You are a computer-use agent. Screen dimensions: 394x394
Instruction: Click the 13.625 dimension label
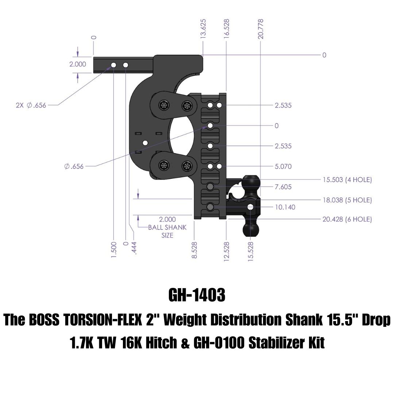point(203,29)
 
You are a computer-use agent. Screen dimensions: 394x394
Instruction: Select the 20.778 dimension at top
point(261,29)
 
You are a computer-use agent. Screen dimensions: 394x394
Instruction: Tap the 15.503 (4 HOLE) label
point(347,179)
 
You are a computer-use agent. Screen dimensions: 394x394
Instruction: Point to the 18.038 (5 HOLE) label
point(347,200)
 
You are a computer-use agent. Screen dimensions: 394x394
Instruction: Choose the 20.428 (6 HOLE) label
point(347,219)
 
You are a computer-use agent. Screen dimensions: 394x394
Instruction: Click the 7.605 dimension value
point(283,187)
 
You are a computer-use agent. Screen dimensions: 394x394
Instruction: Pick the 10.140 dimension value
point(285,207)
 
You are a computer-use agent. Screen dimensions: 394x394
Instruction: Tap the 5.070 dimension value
point(283,166)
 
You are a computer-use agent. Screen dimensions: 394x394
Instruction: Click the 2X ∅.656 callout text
point(31,105)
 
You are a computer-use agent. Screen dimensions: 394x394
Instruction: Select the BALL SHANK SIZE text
point(167,231)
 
